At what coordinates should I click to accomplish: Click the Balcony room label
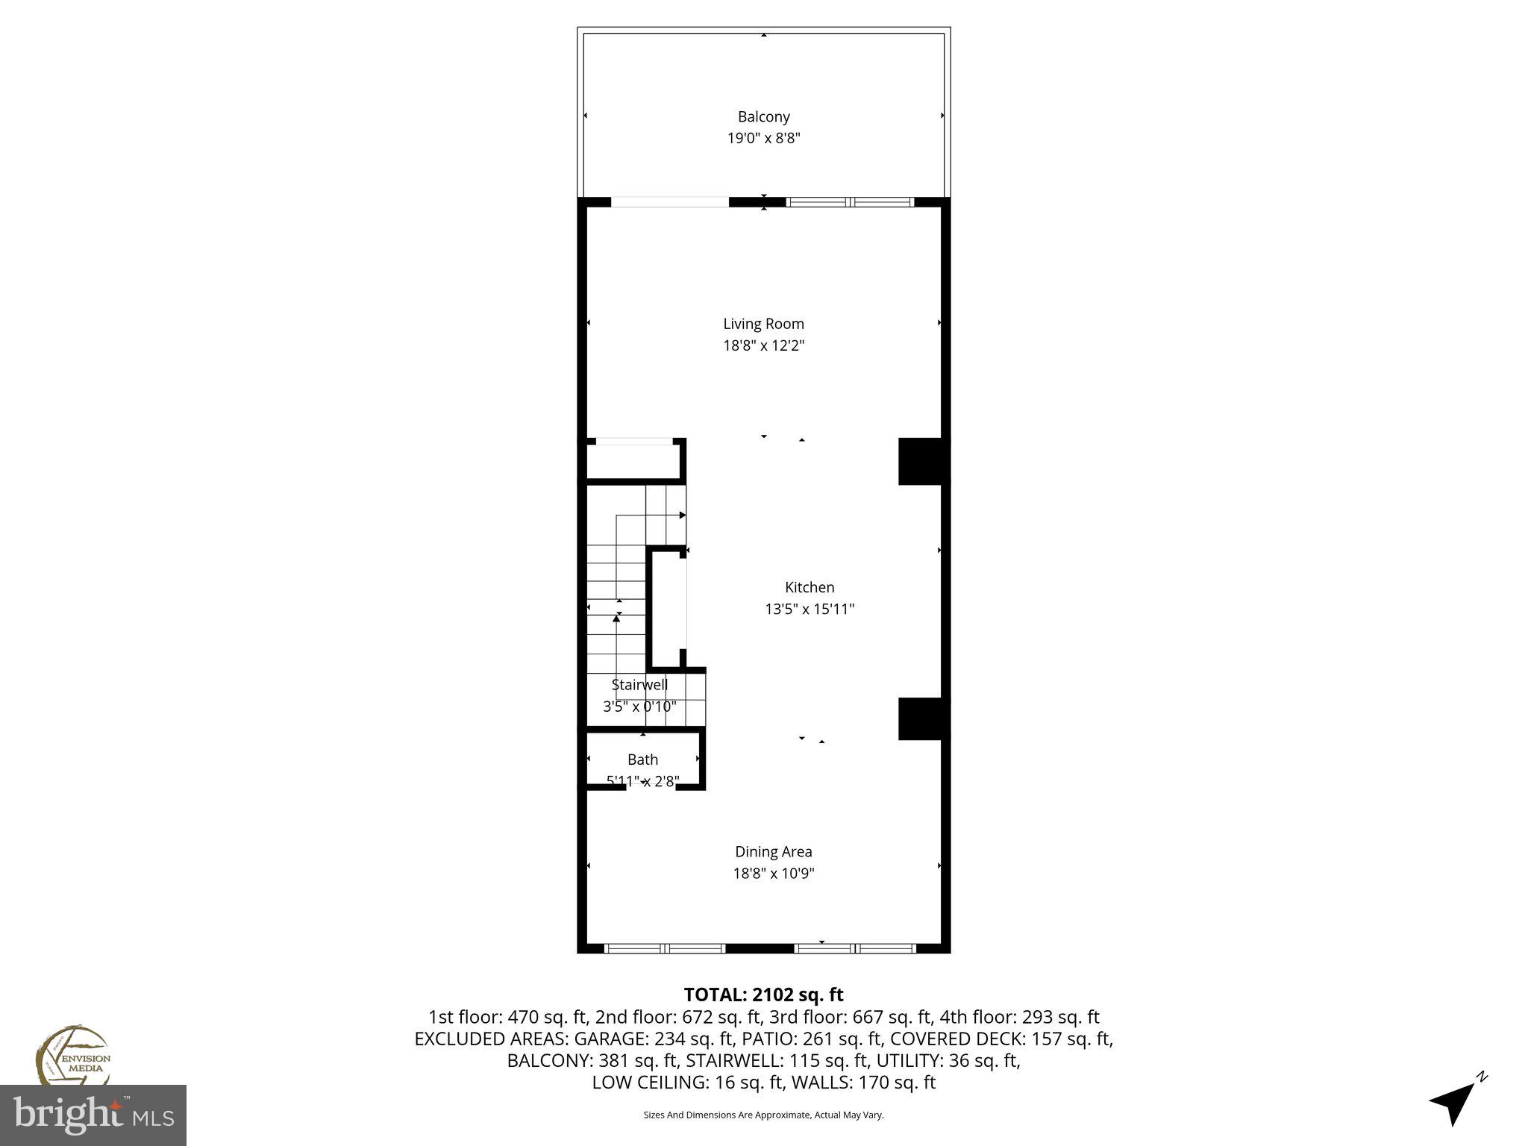[x=763, y=116]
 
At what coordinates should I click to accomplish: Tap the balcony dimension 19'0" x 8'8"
[x=763, y=138]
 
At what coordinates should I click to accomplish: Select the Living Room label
[x=763, y=324]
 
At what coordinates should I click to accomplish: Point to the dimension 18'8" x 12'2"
[x=763, y=345]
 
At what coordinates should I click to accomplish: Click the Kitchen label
[x=809, y=587]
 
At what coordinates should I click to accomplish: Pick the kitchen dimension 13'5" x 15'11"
[x=809, y=609]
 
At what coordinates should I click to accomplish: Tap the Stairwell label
[x=639, y=685]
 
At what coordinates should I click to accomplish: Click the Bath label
[x=642, y=760]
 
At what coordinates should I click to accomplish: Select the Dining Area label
[x=773, y=851]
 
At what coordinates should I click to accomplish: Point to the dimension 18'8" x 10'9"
[x=773, y=873]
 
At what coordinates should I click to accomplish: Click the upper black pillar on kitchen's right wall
[x=923, y=461]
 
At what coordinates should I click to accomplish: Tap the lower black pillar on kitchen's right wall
[x=923, y=718]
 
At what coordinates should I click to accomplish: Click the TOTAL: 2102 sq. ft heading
[x=763, y=995]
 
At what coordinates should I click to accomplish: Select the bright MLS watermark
[x=93, y=1115]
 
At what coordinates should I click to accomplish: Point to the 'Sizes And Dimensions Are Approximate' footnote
[x=763, y=1115]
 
